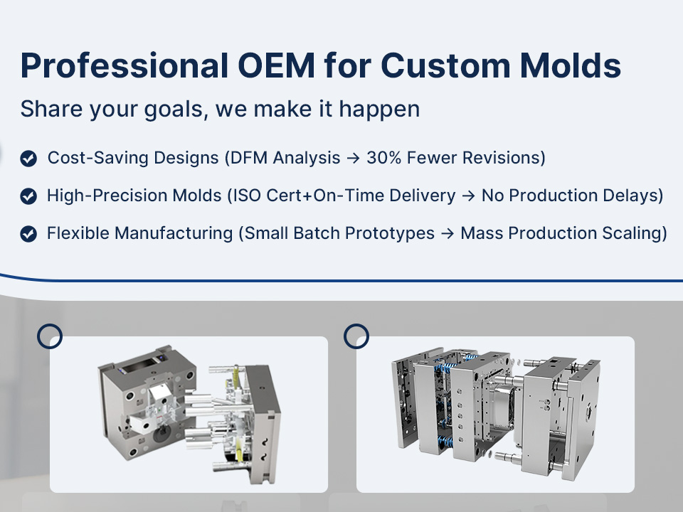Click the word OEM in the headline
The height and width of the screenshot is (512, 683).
click(x=276, y=65)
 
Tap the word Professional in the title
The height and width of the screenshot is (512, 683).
click(x=124, y=65)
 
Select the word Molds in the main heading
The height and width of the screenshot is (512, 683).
click(x=571, y=65)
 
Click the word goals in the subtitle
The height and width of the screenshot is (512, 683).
click(x=174, y=110)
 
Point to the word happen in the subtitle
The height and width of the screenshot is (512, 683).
click(x=379, y=110)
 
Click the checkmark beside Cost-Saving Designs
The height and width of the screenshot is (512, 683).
click(x=28, y=159)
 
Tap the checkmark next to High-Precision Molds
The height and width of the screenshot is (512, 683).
click(x=28, y=196)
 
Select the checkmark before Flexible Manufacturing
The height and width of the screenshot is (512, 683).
click(x=28, y=234)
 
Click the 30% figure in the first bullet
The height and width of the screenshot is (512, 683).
click(x=383, y=158)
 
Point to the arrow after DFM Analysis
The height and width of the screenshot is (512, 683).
click(x=354, y=159)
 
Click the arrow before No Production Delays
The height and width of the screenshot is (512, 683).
click(x=468, y=196)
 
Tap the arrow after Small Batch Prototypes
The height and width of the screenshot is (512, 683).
click(x=448, y=234)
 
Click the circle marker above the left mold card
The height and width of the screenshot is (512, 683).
click(x=50, y=336)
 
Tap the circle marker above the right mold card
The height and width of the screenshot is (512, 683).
click(x=356, y=336)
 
